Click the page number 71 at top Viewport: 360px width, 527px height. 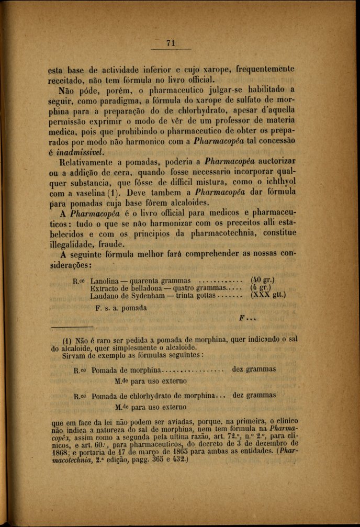(170, 43)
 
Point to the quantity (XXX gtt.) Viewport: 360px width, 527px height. (268, 295)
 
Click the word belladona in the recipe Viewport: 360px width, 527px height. (142, 288)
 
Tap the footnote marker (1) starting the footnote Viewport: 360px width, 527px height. (67, 339)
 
